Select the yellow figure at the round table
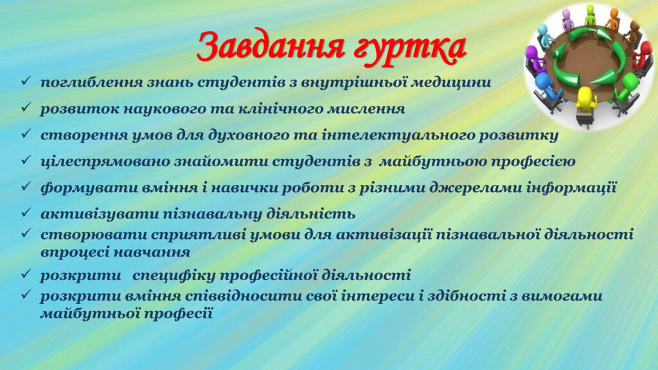tap(586, 101)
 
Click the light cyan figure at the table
tap(545, 33)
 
